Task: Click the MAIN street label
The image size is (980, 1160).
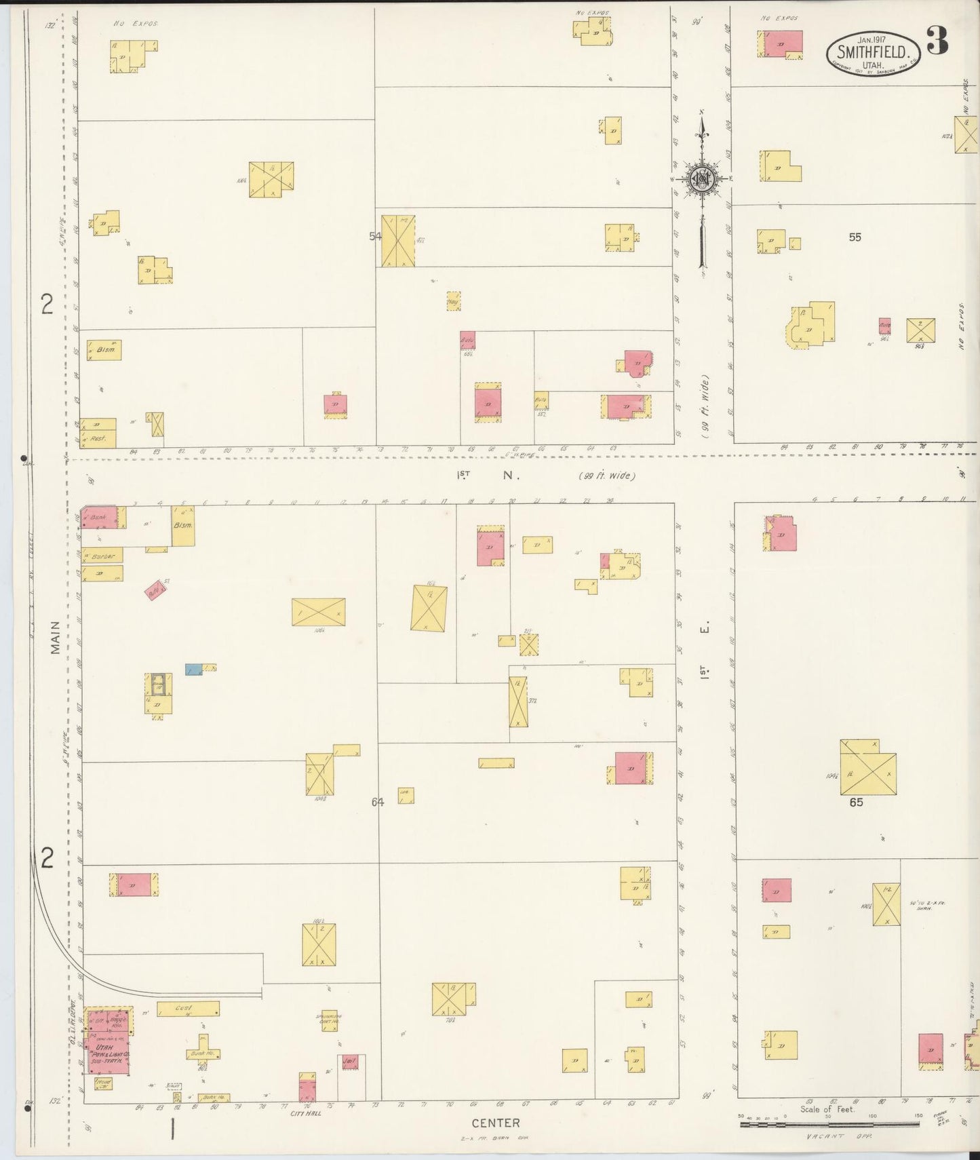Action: pos(56,637)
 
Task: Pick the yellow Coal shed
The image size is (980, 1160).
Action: pos(189,1009)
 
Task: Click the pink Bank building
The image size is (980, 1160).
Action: pos(98,518)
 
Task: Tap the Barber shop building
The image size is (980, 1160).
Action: pos(102,556)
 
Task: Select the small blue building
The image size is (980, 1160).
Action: pos(193,670)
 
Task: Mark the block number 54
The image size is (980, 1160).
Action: pos(375,236)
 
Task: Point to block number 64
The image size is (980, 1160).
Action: pos(377,802)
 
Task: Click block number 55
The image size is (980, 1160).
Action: pos(855,237)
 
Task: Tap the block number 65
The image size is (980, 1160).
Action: pos(855,802)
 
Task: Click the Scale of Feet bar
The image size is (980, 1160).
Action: pos(827,1124)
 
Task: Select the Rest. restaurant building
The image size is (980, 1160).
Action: pos(98,440)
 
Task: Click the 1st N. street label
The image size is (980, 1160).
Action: pos(486,476)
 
